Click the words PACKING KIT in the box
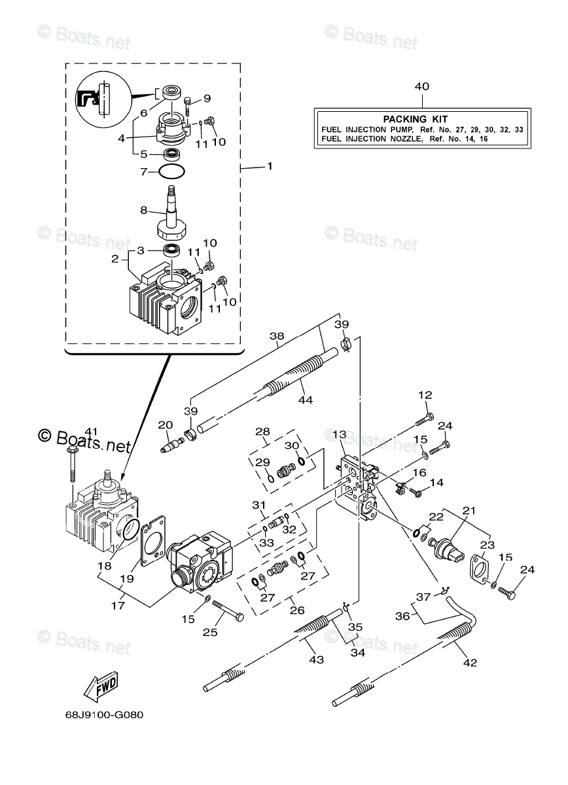coord(415,119)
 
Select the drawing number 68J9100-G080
coord(94,714)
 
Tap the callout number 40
coord(422,86)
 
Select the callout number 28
coord(262,432)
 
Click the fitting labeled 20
coord(171,443)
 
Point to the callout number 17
coord(117,606)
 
